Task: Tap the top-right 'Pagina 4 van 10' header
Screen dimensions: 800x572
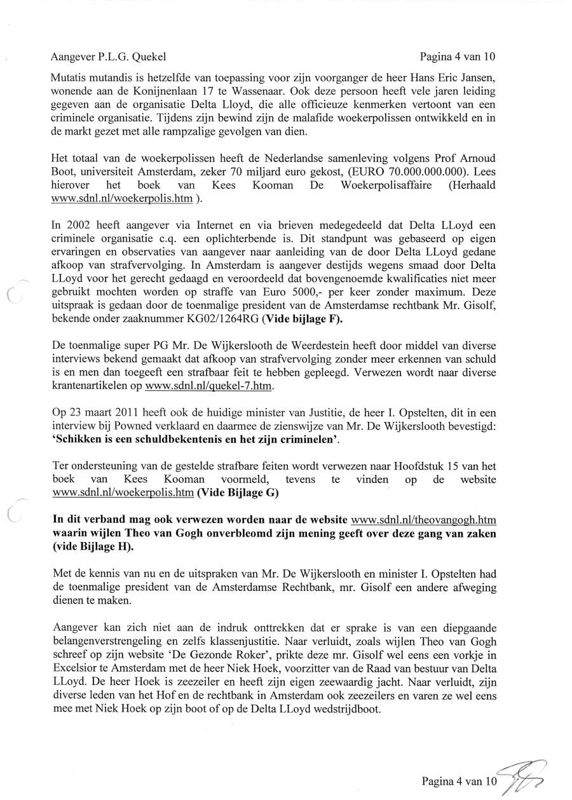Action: click(x=457, y=57)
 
